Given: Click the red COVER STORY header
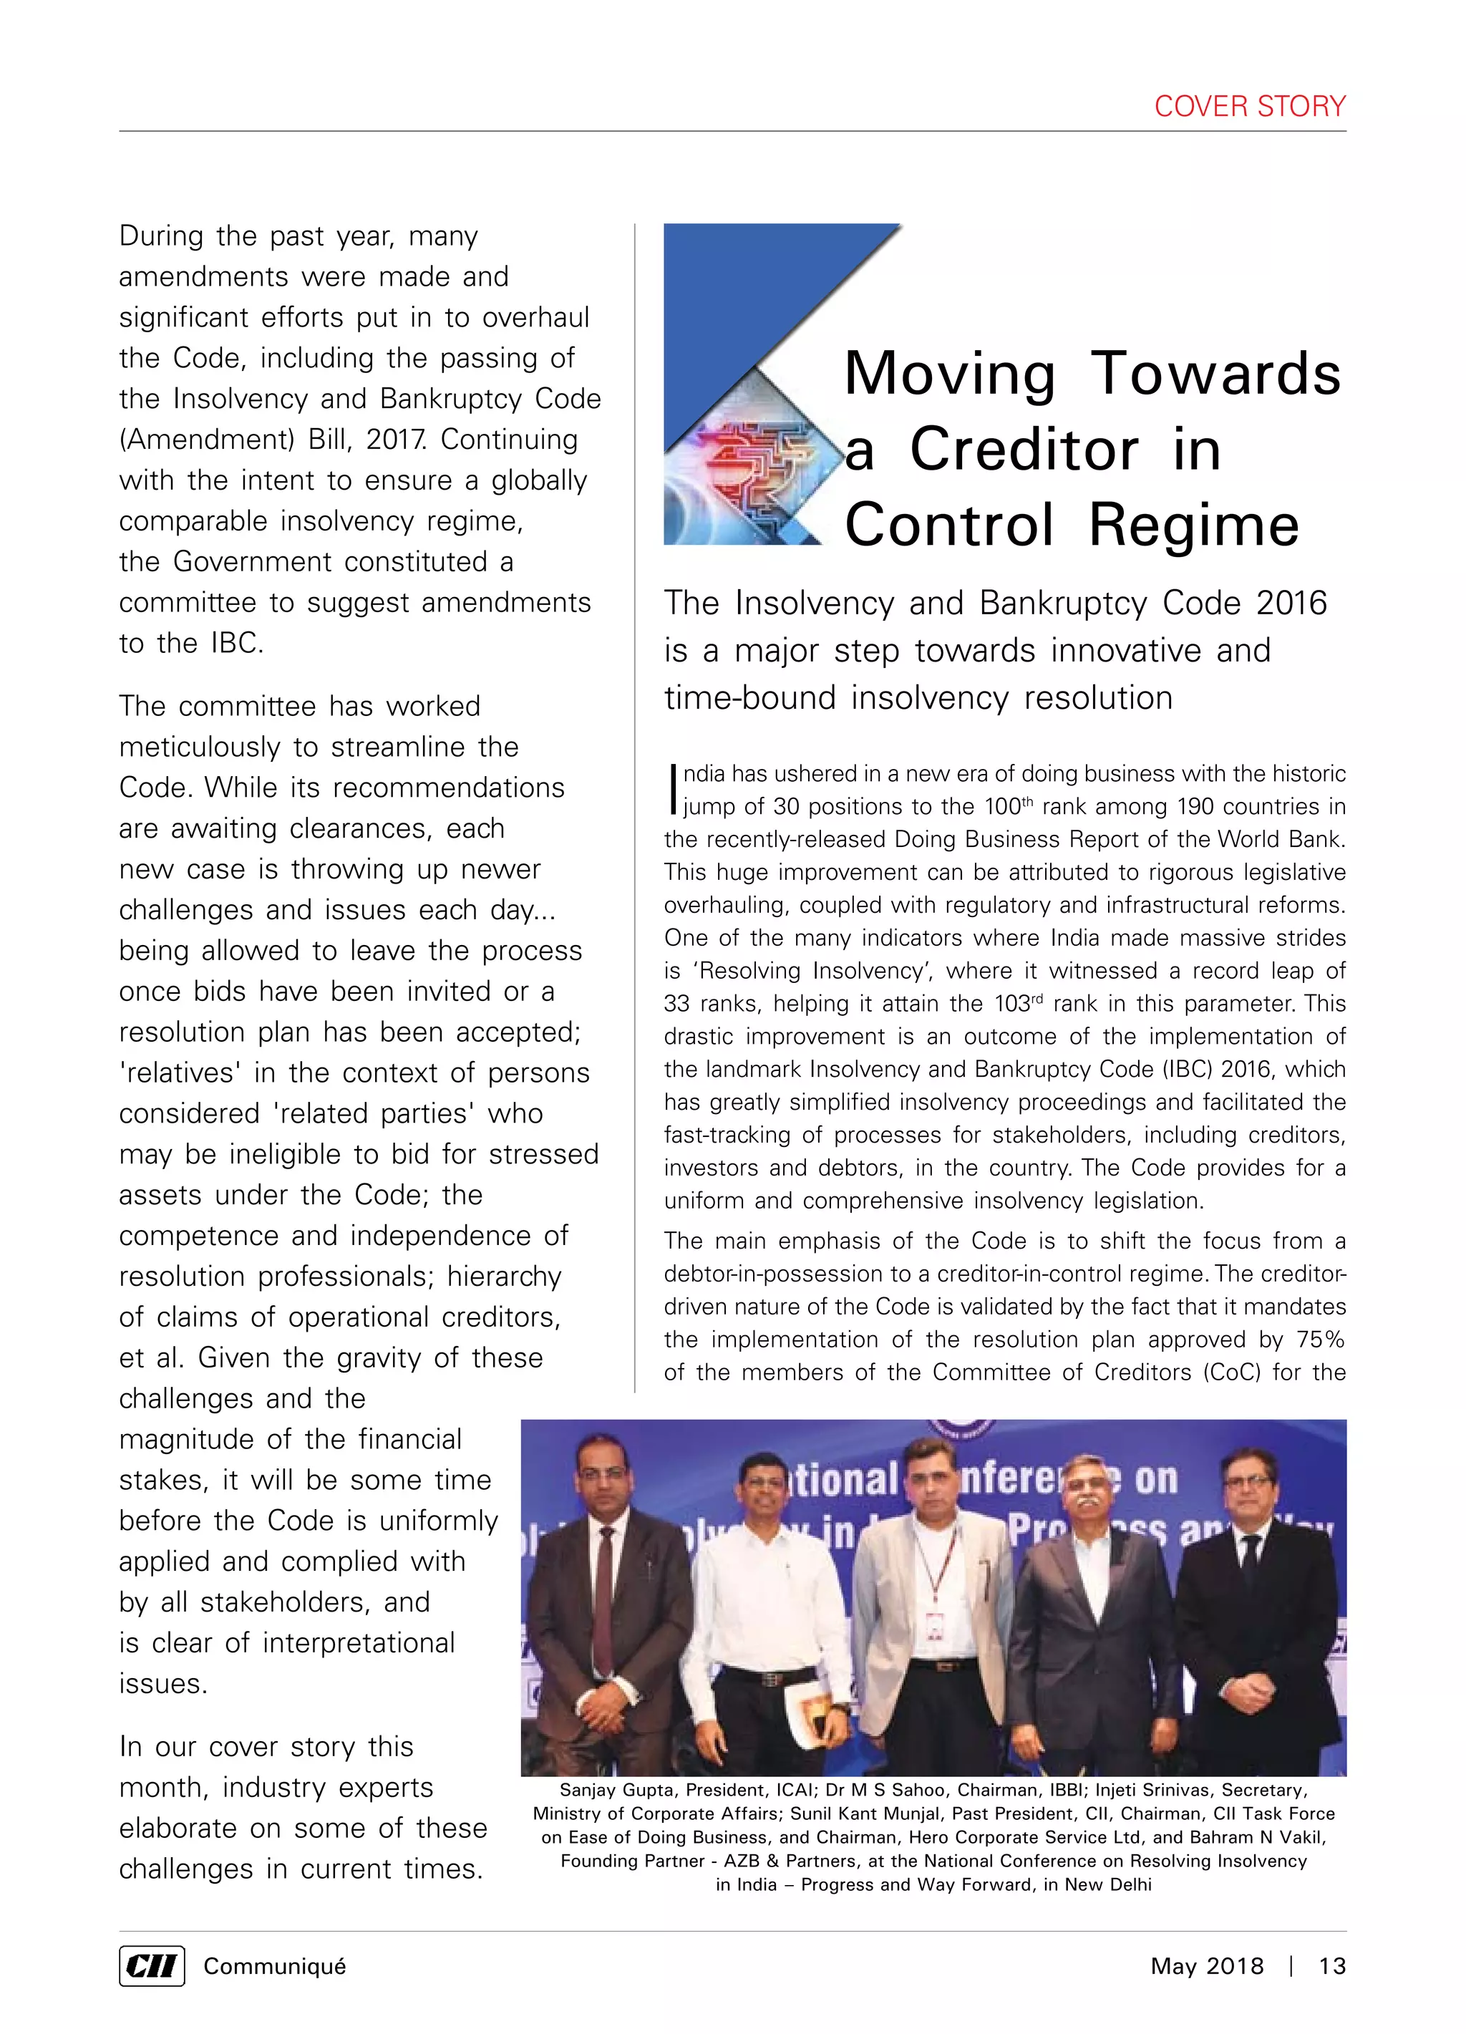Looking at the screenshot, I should [x=1249, y=106].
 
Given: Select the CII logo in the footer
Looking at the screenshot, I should [x=152, y=1967].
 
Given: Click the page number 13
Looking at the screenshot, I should [x=1331, y=1967].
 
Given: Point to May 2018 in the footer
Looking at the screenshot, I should [x=1206, y=1967].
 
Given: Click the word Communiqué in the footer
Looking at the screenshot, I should [x=274, y=1967].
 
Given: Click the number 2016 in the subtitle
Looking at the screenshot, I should [x=1291, y=604].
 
